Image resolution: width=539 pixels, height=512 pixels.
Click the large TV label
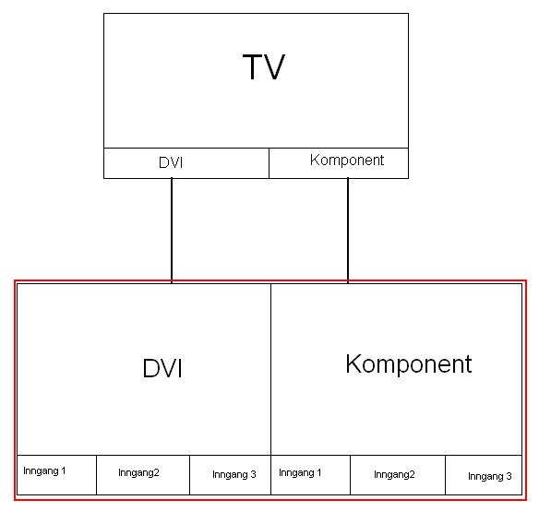(x=264, y=66)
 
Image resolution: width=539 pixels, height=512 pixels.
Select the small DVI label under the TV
(x=171, y=162)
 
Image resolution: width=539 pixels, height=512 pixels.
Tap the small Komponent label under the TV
(x=346, y=161)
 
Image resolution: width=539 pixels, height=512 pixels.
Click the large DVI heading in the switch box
(x=162, y=368)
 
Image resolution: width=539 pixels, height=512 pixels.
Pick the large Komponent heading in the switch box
(x=408, y=364)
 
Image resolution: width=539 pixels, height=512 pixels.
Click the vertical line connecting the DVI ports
(x=172, y=230)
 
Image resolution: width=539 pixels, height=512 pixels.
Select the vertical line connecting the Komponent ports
(x=348, y=230)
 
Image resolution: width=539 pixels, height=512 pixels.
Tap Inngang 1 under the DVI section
(x=44, y=471)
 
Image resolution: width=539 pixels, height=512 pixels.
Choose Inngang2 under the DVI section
(x=138, y=473)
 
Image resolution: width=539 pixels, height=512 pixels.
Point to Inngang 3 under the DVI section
(x=234, y=475)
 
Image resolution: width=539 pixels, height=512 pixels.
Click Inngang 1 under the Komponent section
(x=300, y=473)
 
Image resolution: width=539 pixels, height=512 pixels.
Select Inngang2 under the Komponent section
(x=394, y=475)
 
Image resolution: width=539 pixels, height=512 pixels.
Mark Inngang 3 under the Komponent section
(x=490, y=477)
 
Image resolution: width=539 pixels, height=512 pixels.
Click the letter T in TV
(x=253, y=66)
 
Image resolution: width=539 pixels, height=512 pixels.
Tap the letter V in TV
(x=274, y=66)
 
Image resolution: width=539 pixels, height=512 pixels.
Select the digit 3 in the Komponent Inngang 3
(x=509, y=476)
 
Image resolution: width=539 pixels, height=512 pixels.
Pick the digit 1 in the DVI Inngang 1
(x=64, y=470)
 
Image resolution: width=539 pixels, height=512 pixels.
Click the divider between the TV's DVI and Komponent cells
(x=269, y=163)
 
